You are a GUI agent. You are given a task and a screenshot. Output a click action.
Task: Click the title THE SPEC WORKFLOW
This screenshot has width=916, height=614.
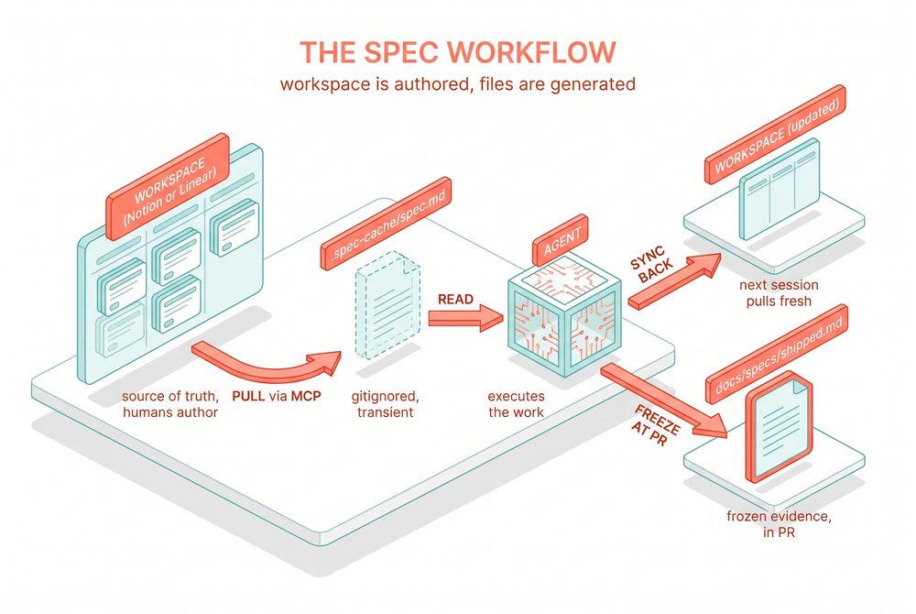(458, 52)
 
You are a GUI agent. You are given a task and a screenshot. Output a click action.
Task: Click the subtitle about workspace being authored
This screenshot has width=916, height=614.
(458, 84)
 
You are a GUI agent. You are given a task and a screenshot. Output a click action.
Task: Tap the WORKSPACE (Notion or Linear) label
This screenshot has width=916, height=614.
(169, 187)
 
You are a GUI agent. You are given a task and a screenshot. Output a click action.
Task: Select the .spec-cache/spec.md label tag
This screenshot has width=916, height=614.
(387, 224)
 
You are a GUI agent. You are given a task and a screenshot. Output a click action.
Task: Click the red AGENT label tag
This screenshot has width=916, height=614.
(561, 240)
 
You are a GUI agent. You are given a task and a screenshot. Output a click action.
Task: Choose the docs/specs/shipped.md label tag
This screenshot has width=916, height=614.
(777, 354)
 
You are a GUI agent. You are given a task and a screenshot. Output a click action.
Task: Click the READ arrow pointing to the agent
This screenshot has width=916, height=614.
(465, 318)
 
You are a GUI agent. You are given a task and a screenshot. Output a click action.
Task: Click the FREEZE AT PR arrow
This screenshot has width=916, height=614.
(663, 400)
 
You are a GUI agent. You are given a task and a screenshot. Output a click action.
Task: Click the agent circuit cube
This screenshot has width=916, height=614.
(564, 317)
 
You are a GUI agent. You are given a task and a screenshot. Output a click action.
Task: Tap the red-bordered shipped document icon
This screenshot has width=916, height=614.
(779, 426)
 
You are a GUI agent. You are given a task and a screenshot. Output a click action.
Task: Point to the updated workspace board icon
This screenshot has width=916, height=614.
(780, 189)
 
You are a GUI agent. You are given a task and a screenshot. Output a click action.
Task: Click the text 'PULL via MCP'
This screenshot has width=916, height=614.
(277, 396)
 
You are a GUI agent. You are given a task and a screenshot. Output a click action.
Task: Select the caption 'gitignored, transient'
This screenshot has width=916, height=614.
(385, 404)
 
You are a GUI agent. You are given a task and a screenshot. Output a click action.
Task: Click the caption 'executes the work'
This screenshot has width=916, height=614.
(516, 404)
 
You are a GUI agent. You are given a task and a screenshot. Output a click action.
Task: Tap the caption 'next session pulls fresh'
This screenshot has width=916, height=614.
(779, 293)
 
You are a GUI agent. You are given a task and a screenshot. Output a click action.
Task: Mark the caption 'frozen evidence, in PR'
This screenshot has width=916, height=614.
(779, 524)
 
